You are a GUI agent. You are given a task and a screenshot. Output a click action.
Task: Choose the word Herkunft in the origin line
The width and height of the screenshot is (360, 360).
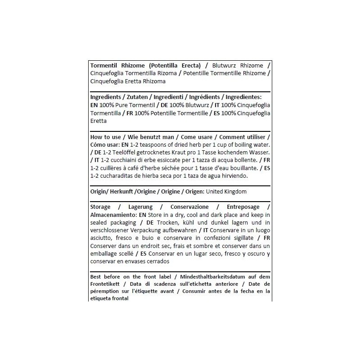(121, 192)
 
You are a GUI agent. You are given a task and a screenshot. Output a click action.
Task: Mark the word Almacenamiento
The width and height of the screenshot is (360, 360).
(113, 215)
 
